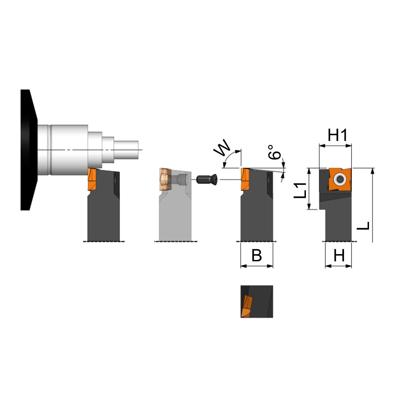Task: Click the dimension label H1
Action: click(x=337, y=135)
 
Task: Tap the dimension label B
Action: click(x=257, y=255)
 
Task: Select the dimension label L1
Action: click(x=300, y=190)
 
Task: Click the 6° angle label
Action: click(x=274, y=152)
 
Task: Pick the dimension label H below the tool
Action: click(x=339, y=255)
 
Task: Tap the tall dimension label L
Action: click(x=363, y=226)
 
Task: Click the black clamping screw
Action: click(x=207, y=179)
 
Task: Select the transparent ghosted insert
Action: click(x=165, y=179)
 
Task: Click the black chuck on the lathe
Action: click(x=29, y=150)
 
